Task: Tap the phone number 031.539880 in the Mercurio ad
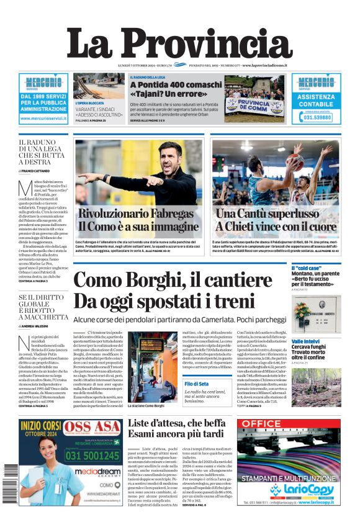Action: pos(316,117)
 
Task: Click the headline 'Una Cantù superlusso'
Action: pos(267,214)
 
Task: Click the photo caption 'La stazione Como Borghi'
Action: pos(146,406)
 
